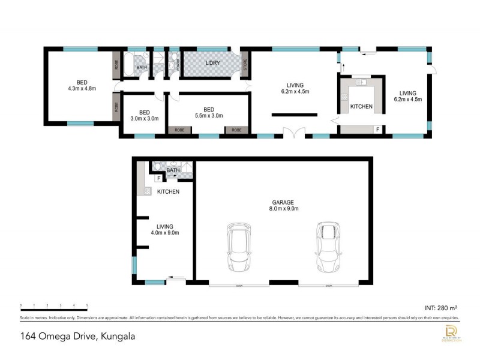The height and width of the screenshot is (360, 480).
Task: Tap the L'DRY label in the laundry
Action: point(211,63)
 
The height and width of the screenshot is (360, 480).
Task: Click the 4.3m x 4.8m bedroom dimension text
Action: point(82,89)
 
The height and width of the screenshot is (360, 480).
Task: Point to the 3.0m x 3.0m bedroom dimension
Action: point(144,118)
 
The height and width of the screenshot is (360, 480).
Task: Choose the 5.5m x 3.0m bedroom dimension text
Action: point(208,116)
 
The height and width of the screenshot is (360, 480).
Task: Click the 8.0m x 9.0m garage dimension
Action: point(284,209)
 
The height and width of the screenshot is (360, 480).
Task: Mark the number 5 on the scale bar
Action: point(88,306)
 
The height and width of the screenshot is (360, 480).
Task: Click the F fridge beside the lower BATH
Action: point(158,178)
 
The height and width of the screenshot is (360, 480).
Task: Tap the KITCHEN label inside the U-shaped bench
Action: point(361,107)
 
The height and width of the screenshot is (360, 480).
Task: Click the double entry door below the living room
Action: point(291,134)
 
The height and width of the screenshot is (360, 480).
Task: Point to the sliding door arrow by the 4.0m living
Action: point(176,277)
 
